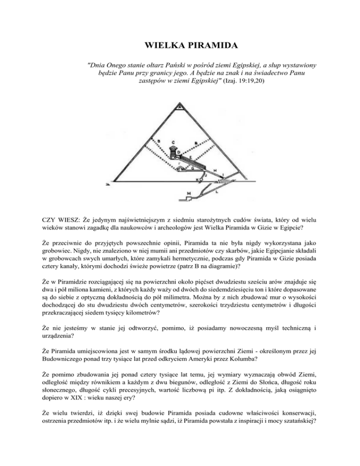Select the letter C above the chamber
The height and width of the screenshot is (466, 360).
174,141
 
